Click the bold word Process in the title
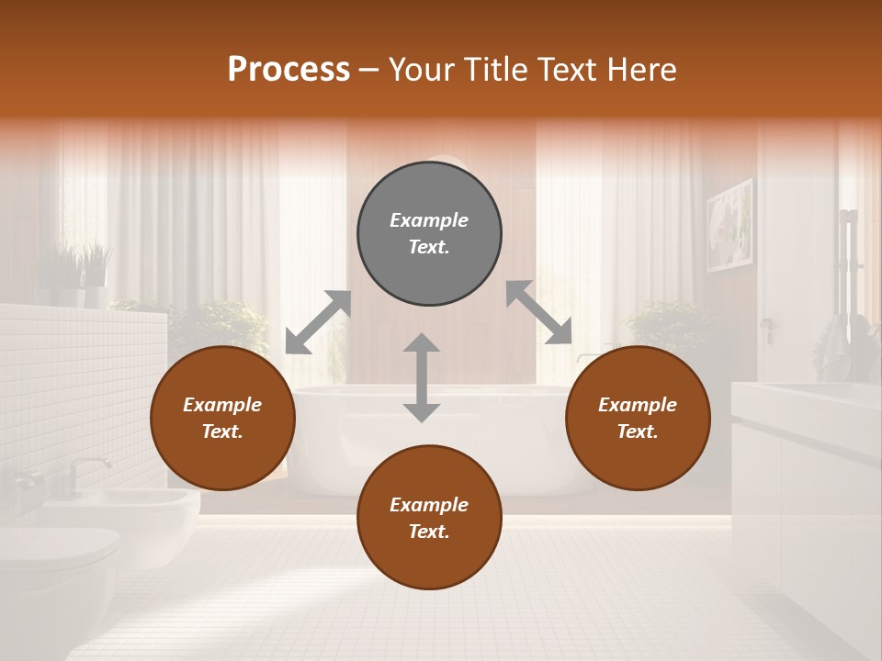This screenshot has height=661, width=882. click(x=288, y=70)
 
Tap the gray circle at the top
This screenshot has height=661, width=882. click(x=429, y=233)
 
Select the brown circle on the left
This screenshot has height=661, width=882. click(x=222, y=418)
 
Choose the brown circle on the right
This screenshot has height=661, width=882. click(x=638, y=418)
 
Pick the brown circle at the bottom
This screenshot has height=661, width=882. click(x=429, y=518)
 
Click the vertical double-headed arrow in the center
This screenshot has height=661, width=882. click(x=422, y=377)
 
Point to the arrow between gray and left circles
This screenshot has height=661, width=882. click(x=318, y=322)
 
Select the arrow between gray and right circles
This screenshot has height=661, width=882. click(x=538, y=313)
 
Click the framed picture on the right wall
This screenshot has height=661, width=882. click(x=729, y=225)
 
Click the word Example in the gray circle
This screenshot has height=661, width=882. click(x=429, y=220)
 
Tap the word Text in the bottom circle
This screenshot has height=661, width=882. click(x=428, y=532)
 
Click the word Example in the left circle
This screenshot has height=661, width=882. click(x=222, y=405)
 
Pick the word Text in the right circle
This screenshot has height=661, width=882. click(x=637, y=431)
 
